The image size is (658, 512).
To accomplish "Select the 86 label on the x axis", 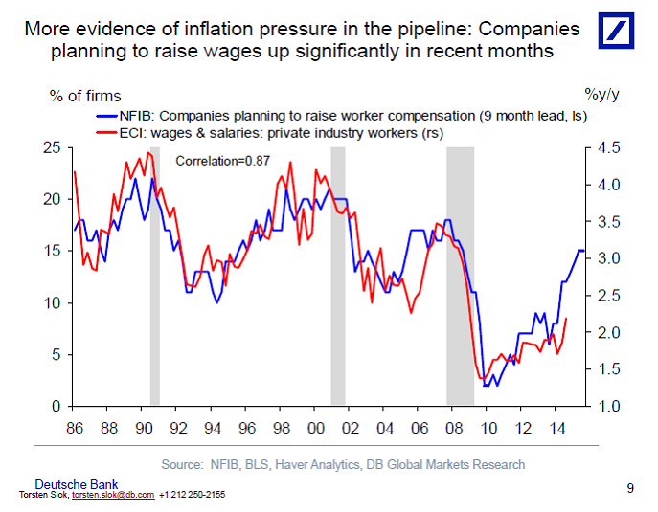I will pos(74,429).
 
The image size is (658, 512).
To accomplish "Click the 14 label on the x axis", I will pos(556,429).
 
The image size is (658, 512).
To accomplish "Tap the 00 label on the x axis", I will pos(315,429).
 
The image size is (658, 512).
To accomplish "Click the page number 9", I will pos(630,488).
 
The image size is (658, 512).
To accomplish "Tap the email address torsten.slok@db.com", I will pos(113,495).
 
